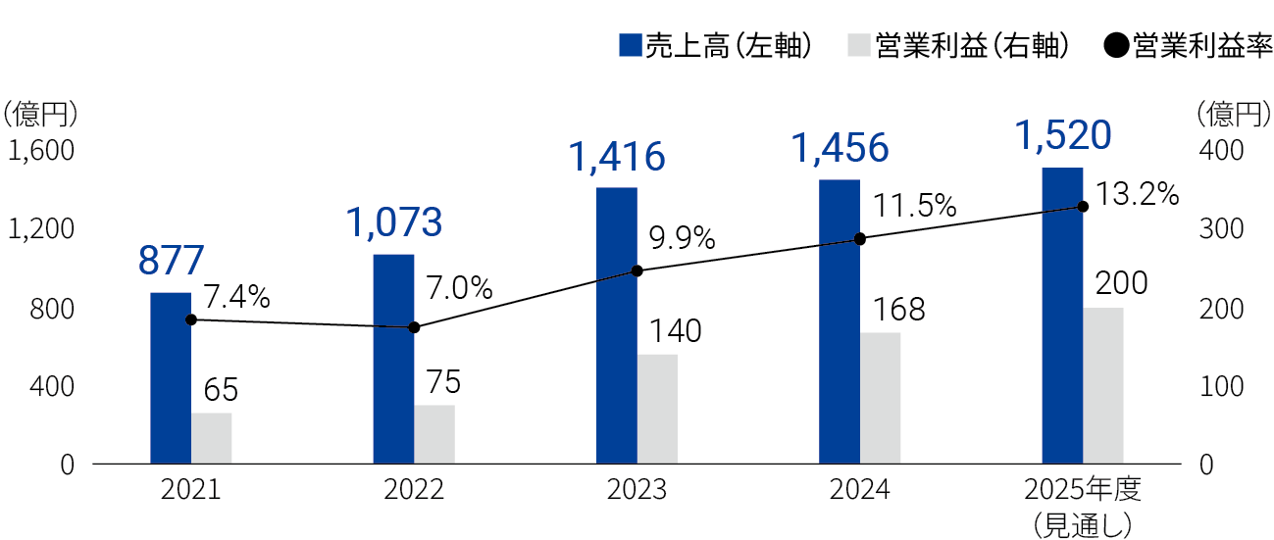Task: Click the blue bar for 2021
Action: click(171, 377)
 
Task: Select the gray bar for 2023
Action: click(657, 409)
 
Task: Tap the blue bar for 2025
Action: click(1062, 315)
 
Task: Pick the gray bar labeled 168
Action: click(880, 398)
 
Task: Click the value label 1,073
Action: click(394, 223)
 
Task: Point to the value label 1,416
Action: click(617, 157)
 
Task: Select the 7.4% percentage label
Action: click(236, 295)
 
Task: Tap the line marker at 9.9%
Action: click(637, 270)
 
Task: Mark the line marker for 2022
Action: click(414, 327)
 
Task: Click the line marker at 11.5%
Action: click(860, 239)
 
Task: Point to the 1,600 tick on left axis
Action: click(41, 152)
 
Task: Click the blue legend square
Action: click(631, 45)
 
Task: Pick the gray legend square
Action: click(858, 45)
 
